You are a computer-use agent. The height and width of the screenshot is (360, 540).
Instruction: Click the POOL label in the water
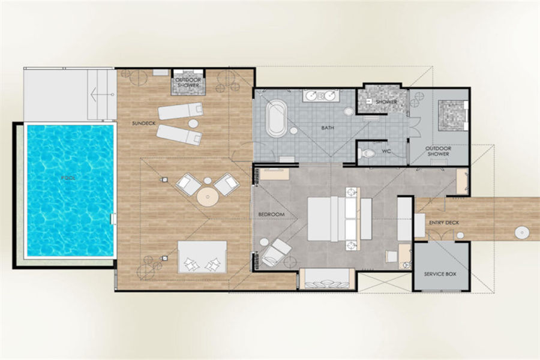coord(68,178)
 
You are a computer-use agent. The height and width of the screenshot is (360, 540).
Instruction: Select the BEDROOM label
coord(271,214)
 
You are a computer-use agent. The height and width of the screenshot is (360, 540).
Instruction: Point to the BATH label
coord(328,128)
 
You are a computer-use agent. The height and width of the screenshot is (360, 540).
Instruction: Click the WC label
coord(386,151)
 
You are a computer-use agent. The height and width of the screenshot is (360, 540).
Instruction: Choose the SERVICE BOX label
coord(440,274)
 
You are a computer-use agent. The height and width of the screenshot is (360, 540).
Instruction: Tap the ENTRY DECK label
coord(444,223)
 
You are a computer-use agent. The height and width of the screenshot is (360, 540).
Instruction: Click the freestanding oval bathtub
coord(276,118)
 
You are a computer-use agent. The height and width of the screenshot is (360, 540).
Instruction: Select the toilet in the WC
coord(365,152)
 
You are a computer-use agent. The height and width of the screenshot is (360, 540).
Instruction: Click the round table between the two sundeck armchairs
coord(208,197)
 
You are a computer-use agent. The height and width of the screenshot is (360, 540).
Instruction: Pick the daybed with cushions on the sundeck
coord(202,257)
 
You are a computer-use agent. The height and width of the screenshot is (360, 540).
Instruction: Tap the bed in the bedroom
coord(339,218)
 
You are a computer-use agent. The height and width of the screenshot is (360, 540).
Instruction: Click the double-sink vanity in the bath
coord(321,95)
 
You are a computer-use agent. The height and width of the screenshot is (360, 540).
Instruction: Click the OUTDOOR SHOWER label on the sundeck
coord(188,82)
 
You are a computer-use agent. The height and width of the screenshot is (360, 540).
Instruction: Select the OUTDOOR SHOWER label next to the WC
coord(438,151)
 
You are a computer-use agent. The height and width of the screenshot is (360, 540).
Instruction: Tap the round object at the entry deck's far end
coord(522,233)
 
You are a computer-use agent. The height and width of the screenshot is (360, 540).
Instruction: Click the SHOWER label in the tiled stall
coord(386,102)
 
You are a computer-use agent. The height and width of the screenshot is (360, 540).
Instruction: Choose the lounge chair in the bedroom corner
coord(276,253)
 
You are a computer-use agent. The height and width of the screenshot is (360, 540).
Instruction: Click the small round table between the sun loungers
coord(193,124)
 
